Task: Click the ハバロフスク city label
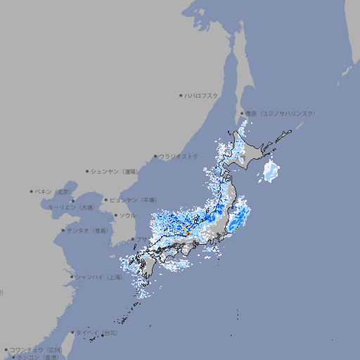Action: coord(201,95)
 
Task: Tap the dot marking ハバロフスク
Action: coord(181,95)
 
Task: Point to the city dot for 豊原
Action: coord(242,113)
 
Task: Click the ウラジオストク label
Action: coord(179,156)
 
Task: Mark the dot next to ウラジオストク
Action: coord(155,156)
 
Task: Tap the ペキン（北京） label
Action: coord(53,191)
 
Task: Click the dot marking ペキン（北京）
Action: coord(32,191)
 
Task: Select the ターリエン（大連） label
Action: coord(70,207)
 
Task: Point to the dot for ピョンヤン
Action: coord(107,200)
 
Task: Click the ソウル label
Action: coord(127,215)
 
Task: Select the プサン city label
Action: coord(143,239)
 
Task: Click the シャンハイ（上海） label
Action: coord(99,277)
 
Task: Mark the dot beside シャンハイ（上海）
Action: coord(72,277)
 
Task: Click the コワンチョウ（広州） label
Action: coord(35,349)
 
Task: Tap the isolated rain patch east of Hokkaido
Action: coord(271,171)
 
